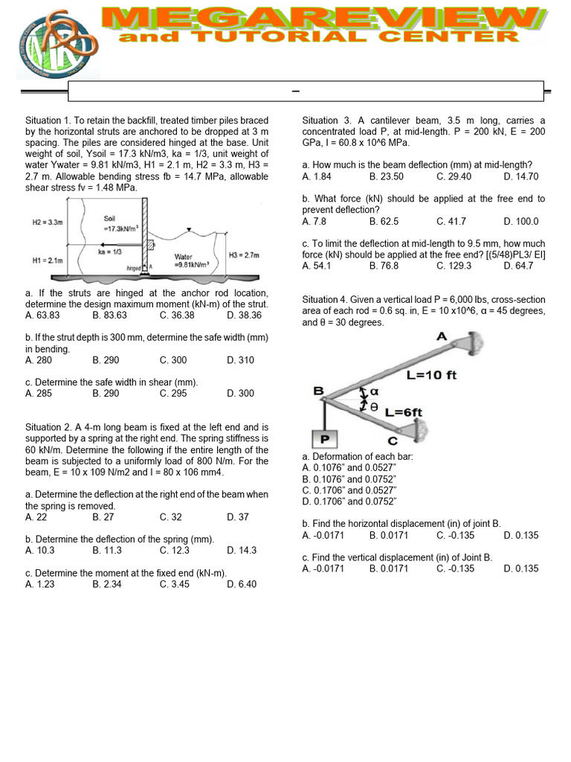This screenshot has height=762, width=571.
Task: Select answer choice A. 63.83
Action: pos(42,316)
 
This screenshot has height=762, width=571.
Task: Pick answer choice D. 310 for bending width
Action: pos(240,360)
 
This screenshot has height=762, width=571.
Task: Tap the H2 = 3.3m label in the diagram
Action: pos(48,222)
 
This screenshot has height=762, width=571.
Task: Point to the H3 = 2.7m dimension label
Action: pos(244,255)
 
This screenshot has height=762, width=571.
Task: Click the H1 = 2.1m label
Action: pos(47,260)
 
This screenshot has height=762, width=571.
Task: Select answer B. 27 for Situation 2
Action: pos(103,517)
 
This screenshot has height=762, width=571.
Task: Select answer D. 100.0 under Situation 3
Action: pos(520,221)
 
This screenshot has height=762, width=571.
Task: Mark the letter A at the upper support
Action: pos(441,336)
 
